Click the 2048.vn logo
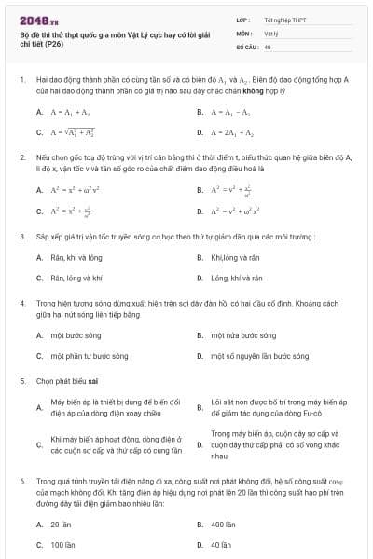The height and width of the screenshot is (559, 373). click(36, 19)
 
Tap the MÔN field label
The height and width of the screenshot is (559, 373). click(244, 33)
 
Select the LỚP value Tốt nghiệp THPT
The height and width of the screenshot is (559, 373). click(283, 20)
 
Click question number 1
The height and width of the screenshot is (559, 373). click(21, 82)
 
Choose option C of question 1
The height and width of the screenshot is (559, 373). click(75, 133)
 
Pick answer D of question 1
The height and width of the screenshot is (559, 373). click(228, 133)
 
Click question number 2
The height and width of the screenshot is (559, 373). click(21, 158)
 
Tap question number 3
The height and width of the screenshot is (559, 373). click(21, 236)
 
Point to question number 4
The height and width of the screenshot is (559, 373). click(21, 303)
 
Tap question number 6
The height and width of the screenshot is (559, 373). click(21, 482)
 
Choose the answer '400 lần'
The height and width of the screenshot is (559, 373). click(223, 525)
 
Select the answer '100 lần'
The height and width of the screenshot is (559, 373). click(62, 544)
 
